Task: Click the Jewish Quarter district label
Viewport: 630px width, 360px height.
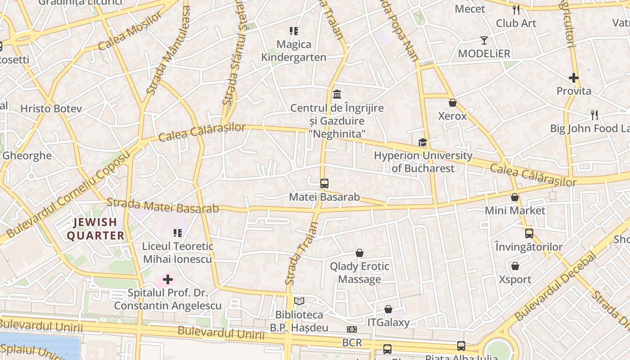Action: [x=95, y=229]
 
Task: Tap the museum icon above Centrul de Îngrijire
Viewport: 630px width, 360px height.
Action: [x=337, y=94]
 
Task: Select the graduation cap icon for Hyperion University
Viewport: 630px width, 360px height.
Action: [x=423, y=143]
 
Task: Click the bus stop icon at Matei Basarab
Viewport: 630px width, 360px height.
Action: [x=324, y=184]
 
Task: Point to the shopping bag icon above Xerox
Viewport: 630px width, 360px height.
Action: [x=453, y=103]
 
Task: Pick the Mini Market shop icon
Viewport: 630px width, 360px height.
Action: [x=515, y=197]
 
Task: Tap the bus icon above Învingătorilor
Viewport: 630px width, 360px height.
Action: [x=529, y=234]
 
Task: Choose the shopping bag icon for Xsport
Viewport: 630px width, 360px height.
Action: [x=515, y=266]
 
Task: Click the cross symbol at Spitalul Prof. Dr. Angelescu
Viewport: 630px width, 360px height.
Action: [x=167, y=279]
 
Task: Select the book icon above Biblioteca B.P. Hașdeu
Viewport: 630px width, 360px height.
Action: [x=299, y=301]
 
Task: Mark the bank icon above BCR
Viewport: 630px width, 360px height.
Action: [x=352, y=329]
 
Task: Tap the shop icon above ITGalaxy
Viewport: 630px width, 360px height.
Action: [x=388, y=309]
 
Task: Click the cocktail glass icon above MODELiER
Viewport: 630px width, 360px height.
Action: [x=484, y=40]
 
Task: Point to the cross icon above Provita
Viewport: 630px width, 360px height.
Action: [x=574, y=78]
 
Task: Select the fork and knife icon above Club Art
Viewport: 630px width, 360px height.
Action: [x=516, y=10]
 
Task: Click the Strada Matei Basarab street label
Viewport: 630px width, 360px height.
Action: [x=162, y=206]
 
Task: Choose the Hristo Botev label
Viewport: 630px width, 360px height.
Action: [x=51, y=108]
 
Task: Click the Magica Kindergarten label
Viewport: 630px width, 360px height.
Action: [x=294, y=51]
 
